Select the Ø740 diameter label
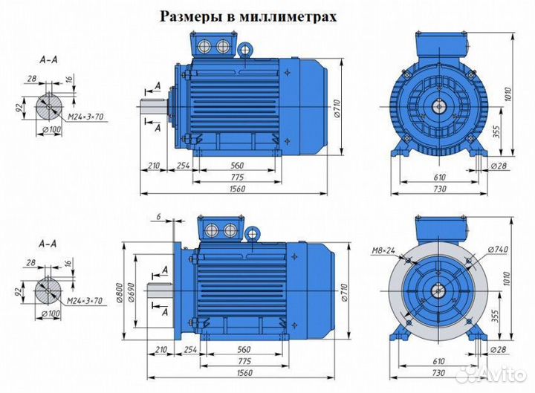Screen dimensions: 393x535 [499, 247]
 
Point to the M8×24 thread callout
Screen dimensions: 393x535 [383, 251]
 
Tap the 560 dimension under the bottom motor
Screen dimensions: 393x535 [239, 348]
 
